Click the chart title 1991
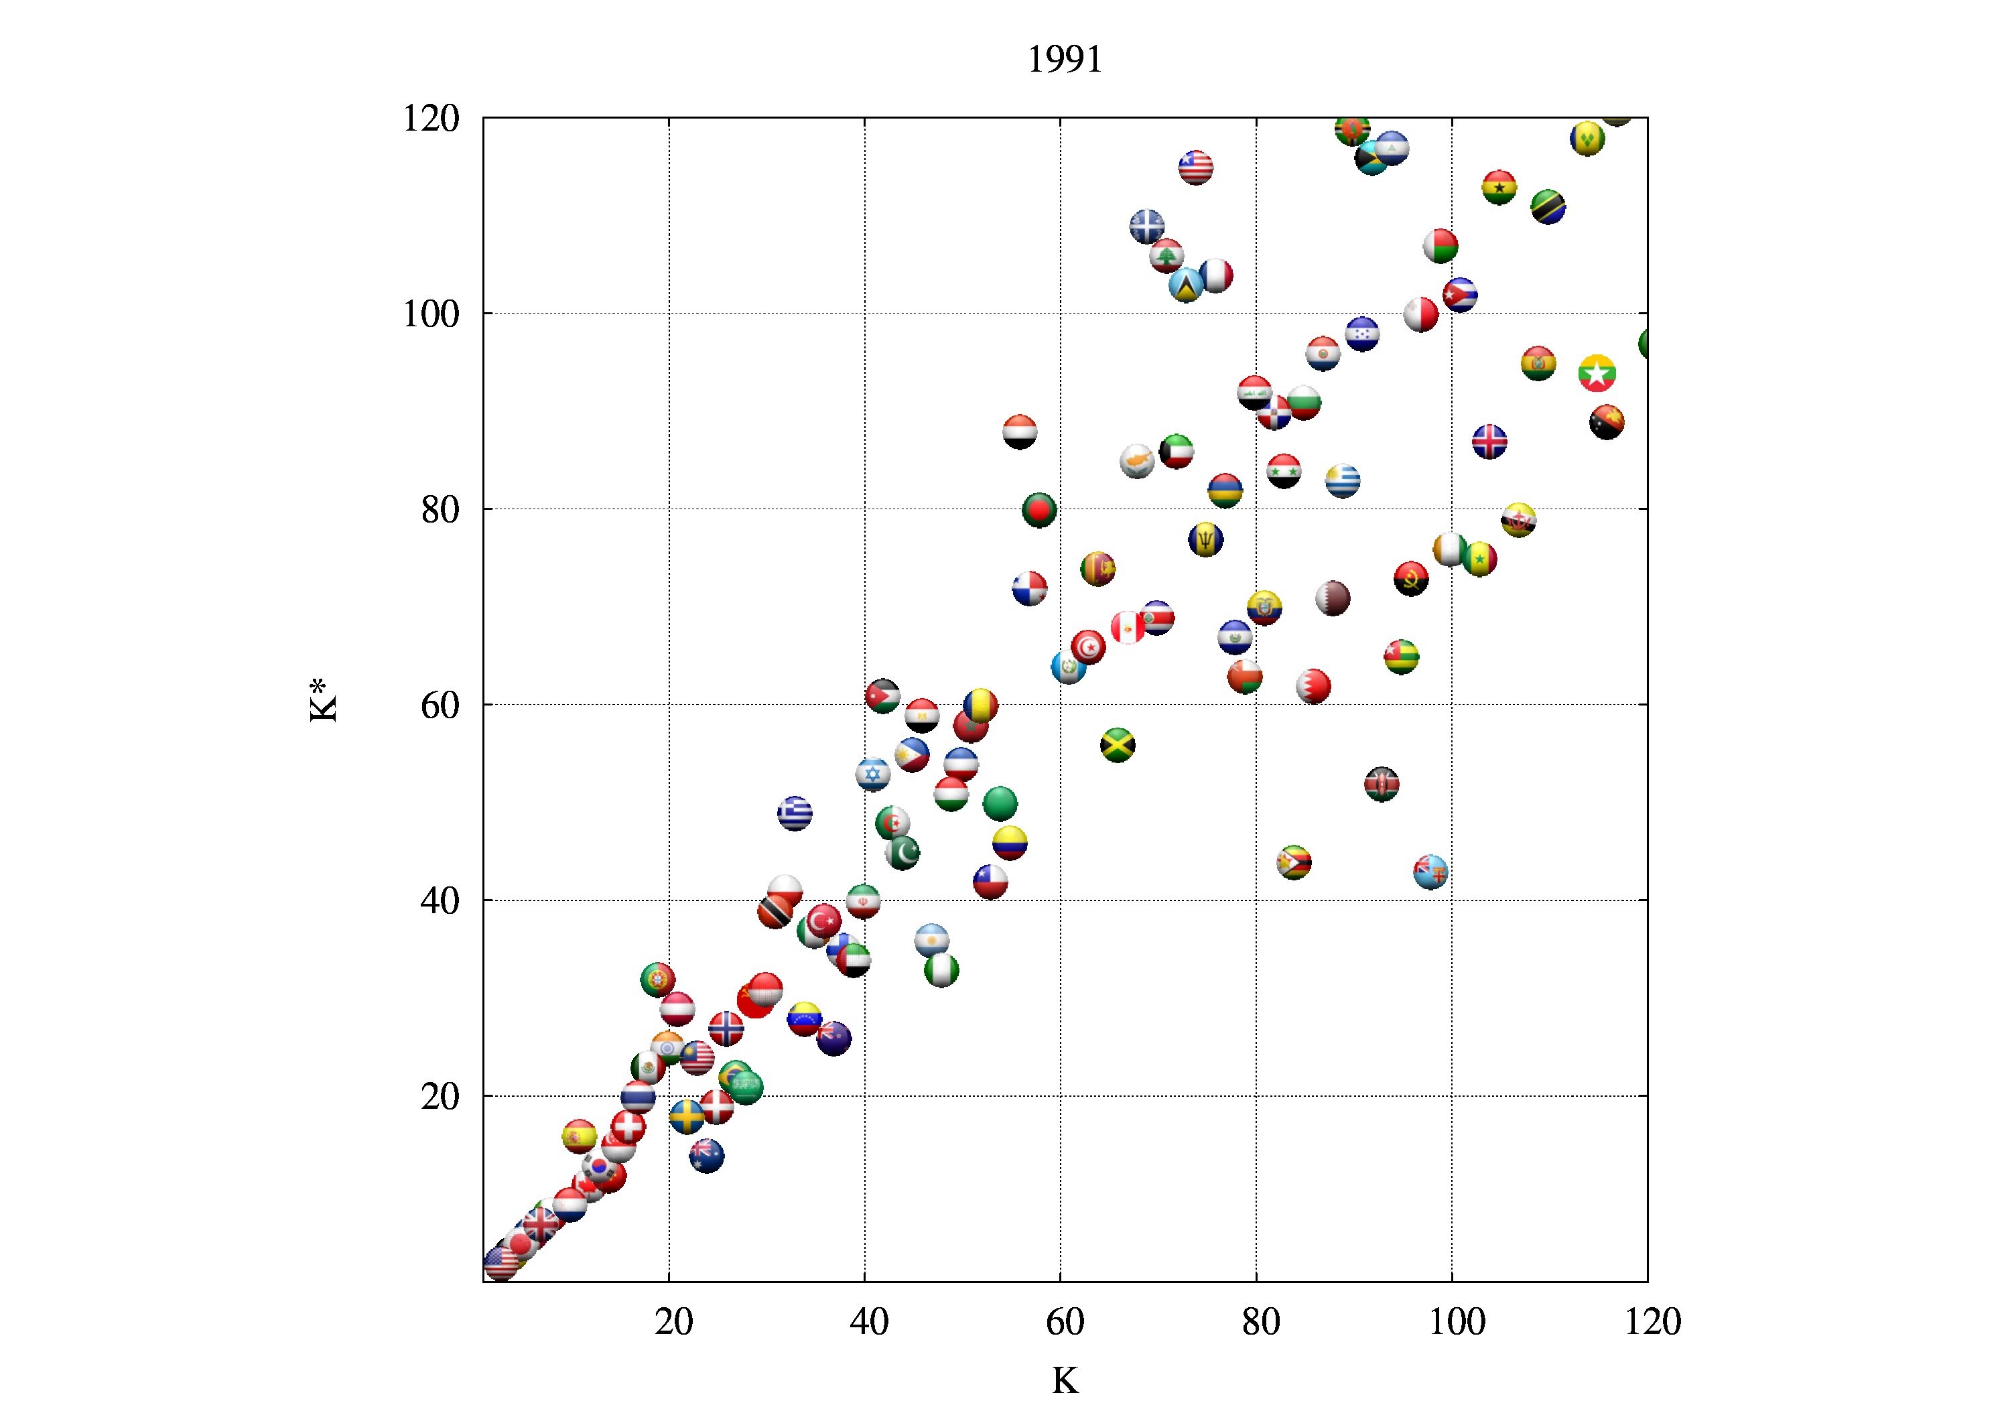click(1065, 60)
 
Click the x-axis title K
click(1065, 1380)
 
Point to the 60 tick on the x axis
click(1065, 1321)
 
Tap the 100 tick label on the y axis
click(431, 314)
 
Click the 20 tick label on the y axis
click(440, 1096)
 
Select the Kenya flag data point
click(1382, 784)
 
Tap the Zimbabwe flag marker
click(1294, 862)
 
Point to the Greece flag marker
click(794, 813)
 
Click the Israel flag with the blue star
click(873, 774)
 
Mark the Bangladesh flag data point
click(1039, 510)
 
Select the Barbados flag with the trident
click(1205, 539)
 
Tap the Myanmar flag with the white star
click(1597, 374)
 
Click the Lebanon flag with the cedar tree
click(1166, 257)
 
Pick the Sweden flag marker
click(686, 1116)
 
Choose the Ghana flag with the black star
click(1499, 188)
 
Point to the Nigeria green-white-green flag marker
click(941, 970)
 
